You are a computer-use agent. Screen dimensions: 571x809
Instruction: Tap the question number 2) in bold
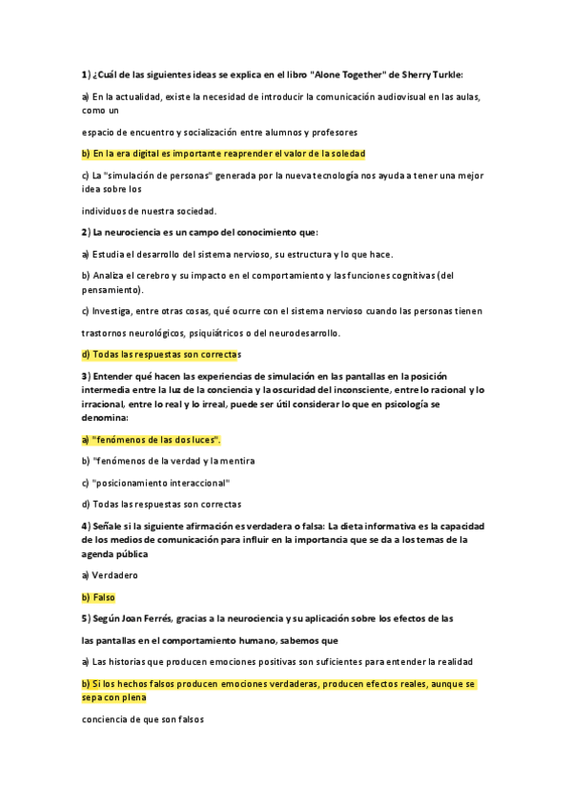[x=85, y=232]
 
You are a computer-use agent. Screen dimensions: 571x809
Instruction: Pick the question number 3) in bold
[x=85, y=377]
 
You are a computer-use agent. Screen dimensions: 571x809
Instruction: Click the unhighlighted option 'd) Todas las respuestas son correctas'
[x=160, y=504]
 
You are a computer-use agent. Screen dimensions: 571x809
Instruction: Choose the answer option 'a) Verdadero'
[x=110, y=575]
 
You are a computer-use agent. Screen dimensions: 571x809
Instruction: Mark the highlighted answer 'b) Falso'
[x=98, y=597]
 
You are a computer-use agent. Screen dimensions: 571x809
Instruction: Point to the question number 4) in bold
[x=85, y=526]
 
